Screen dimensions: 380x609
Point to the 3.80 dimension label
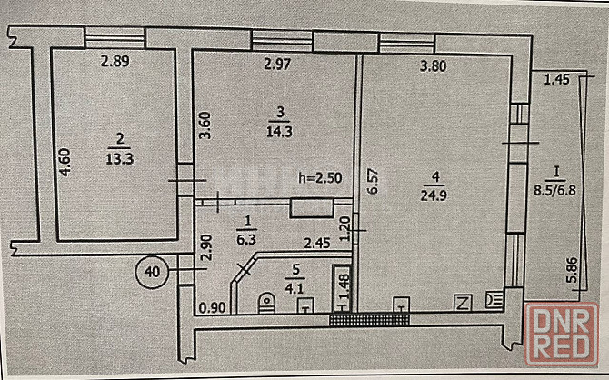point(438,65)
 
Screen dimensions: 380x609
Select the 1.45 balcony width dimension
point(556,80)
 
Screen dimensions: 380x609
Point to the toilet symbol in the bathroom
point(265,302)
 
